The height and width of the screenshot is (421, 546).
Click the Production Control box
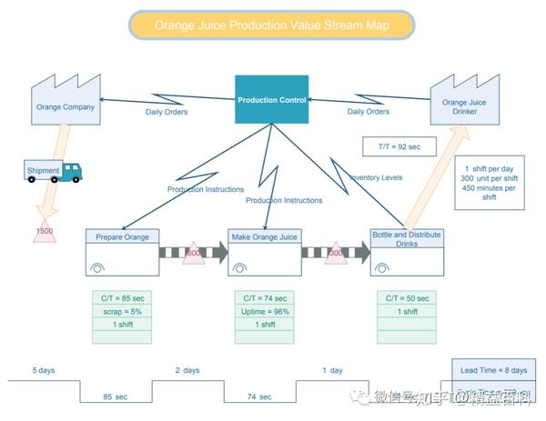coord(271,99)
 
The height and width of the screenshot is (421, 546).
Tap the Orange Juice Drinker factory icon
coord(466,100)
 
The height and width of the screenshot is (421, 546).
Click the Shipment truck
coord(53,170)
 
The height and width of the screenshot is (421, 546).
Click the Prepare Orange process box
coord(122,252)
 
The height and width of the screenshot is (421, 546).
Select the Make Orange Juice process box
coord(264,252)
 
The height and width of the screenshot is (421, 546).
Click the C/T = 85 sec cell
coord(122,297)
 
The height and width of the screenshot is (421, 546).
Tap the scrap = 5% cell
coord(122,311)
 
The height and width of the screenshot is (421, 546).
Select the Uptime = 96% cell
coord(264,311)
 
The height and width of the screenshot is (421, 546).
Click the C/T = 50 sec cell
coord(406,297)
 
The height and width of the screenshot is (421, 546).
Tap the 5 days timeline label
coord(44,370)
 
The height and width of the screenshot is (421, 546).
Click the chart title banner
coord(272,25)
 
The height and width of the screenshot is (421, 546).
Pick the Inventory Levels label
coord(375,177)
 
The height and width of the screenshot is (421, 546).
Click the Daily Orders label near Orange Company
coord(167,112)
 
